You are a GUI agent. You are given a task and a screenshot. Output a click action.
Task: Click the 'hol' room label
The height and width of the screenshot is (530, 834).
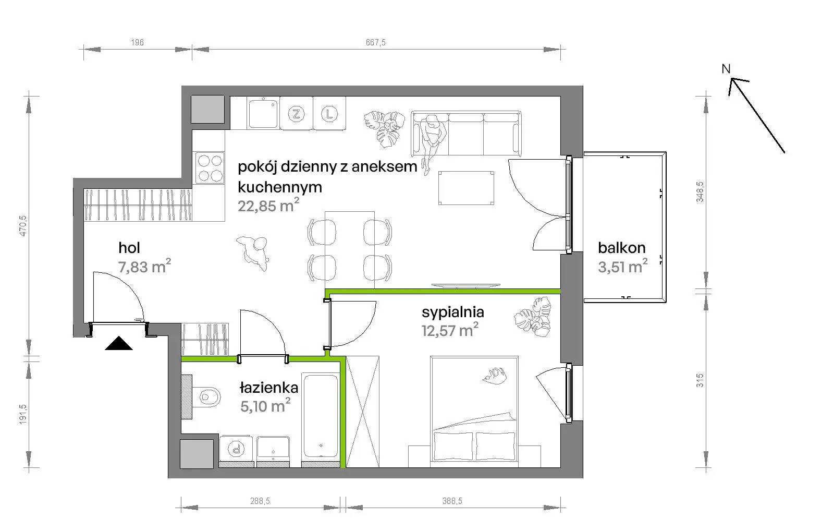click(x=129, y=247)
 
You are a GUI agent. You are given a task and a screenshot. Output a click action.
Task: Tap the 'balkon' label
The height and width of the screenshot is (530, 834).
click(x=621, y=248)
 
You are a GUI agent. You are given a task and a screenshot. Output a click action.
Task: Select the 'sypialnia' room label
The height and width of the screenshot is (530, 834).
click(x=453, y=312)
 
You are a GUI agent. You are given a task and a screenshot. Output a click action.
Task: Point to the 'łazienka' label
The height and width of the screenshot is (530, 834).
click(x=269, y=388)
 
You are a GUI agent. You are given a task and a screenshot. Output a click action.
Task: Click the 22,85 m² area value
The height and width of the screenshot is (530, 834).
click(x=268, y=206)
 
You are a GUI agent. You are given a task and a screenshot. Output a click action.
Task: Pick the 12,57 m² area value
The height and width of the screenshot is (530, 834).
click(x=450, y=330)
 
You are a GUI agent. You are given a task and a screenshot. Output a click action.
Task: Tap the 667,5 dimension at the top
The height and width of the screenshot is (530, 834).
click(x=376, y=42)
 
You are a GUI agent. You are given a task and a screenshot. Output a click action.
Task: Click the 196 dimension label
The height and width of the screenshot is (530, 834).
click(x=138, y=42)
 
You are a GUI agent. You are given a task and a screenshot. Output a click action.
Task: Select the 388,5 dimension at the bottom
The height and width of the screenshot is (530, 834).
click(x=452, y=501)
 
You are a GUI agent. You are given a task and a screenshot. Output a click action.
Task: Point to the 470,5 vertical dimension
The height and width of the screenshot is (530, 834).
click(x=23, y=226)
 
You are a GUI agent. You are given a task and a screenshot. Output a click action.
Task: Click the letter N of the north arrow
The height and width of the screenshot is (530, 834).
click(x=726, y=69)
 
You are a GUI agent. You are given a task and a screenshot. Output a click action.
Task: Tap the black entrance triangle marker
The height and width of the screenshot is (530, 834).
click(x=119, y=343)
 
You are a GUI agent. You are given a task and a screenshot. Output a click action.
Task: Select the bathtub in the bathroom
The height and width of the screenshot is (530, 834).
click(x=321, y=416)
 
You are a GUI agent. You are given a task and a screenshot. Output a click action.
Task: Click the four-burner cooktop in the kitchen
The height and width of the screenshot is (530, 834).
click(x=210, y=168)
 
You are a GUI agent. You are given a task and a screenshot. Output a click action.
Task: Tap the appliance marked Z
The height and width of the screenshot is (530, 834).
click(x=297, y=114)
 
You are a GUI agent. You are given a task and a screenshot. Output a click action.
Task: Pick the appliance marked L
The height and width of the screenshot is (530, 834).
click(x=329, y=114)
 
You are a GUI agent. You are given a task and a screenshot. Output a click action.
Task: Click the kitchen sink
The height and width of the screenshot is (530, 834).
click(x=263, y=113)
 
